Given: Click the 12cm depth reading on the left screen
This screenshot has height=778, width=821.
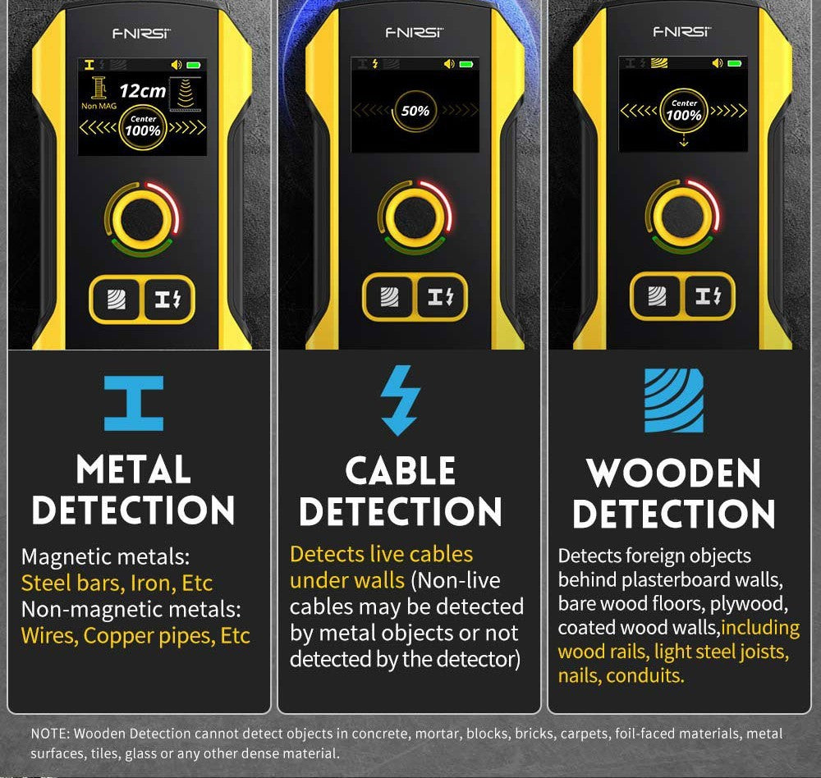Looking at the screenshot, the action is point(142,91).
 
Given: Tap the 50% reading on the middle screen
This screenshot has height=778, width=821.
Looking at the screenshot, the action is point(415,111).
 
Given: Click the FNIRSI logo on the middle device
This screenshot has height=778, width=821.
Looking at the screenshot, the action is point(414,33).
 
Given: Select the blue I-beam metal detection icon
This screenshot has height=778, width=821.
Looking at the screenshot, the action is point(134,403).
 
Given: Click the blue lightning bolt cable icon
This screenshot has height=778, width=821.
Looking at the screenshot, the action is point(400,400).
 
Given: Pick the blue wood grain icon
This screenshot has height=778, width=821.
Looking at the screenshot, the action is point(673,400).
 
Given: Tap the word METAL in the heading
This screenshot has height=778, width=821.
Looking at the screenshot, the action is point(134,469).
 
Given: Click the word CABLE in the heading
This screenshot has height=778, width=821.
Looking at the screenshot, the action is point(401,471).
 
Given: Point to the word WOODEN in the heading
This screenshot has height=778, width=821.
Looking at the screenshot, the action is point(673,474).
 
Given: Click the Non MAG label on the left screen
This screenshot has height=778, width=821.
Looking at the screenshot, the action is point(99,107).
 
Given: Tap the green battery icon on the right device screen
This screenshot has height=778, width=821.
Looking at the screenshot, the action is point(735,63).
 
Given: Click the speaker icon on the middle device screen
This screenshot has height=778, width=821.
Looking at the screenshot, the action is point(449,64).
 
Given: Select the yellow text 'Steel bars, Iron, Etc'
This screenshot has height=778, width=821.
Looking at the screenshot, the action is point(117,583).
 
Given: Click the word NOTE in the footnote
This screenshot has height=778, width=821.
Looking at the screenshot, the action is point(48,734).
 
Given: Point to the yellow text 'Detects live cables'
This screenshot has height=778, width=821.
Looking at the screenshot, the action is point(381,554).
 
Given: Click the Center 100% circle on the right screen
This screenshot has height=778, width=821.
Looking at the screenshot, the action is point(684,111).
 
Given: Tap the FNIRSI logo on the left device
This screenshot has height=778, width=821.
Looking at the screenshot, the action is point(141,34).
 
